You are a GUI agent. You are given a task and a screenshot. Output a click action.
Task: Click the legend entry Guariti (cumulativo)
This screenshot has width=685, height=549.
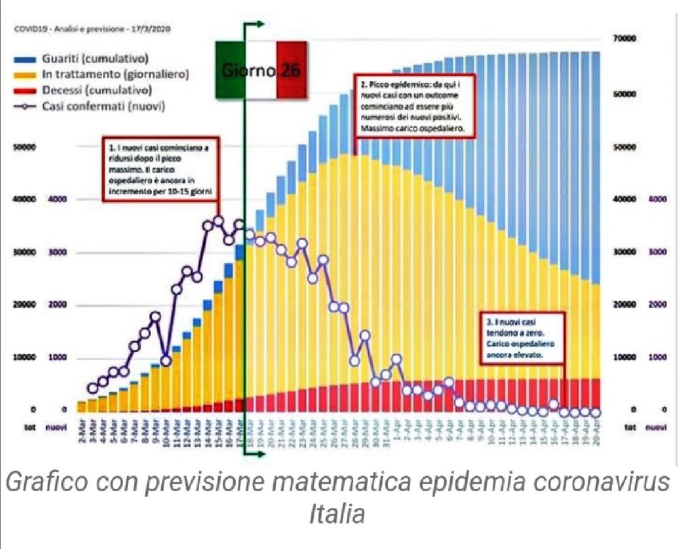coord(95,59)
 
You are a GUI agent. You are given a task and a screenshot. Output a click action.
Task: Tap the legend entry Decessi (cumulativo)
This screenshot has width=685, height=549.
coord(96,90)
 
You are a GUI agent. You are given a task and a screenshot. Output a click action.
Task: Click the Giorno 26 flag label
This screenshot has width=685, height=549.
coord(261,70)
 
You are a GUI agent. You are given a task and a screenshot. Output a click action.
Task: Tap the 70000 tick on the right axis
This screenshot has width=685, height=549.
coord(625,38)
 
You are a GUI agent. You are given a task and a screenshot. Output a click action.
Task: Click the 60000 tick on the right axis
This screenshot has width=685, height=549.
coord(625,94)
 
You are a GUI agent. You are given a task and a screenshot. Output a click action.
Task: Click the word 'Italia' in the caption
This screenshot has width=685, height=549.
coord(337,513)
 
